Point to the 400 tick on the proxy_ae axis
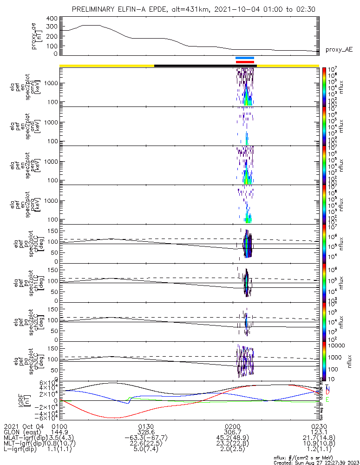(x=52, y=19)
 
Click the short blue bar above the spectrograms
(x=245, y=58)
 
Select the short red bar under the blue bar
(x=245, y=61)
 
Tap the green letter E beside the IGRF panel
(x=327, y=399)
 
